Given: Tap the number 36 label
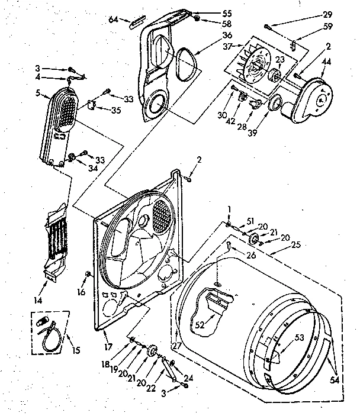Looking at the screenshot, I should coord(210,36).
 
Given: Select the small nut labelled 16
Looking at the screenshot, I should coord(88,273).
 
